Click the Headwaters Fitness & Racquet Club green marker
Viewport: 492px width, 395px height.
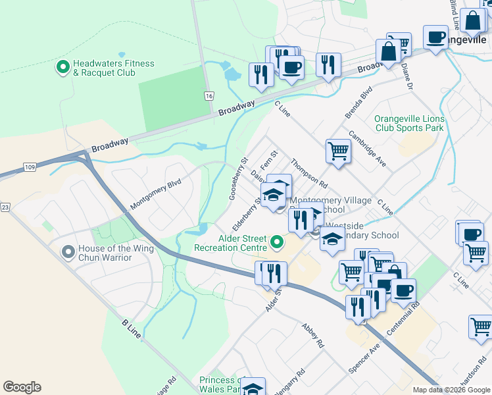coord(63,66)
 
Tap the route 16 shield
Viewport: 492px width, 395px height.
coord(209,95)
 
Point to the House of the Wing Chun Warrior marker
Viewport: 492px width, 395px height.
coord(67,252)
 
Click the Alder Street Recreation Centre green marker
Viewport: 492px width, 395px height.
coord(277,243)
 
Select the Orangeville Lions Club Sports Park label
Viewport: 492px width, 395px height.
coord(408,124)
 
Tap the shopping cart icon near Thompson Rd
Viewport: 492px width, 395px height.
coord(338,151)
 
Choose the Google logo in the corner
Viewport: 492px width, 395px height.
coord(22,387)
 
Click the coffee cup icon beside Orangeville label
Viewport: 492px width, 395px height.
coord(435,38)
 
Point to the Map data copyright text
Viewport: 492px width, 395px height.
coord(451,390)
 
